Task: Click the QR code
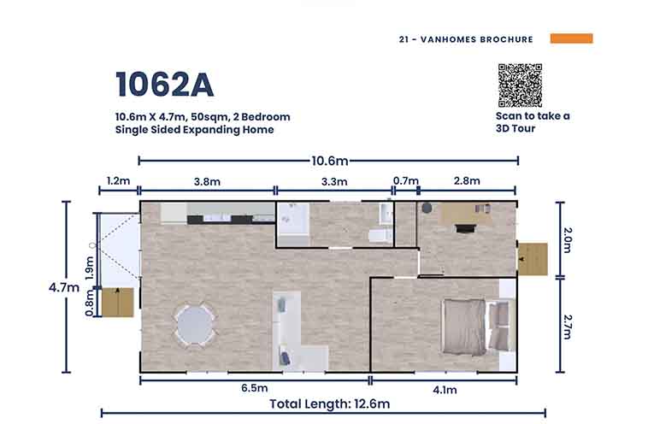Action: coord(520,85)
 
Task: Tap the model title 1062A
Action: coord(165,85)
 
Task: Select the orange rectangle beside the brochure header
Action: coord(571,38)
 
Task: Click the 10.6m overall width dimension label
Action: coord(329,161)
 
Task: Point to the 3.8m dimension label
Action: coord(207,182)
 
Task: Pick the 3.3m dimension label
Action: coord(334,182)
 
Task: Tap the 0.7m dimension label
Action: coord(406,181)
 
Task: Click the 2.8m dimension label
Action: coord(467,181)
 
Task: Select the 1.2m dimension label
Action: coord(119,181)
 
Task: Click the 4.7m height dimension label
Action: coord(64,287)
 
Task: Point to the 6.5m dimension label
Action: coord(255,388)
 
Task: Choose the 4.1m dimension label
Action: coord(445,390)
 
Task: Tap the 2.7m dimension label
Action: coord(568,327)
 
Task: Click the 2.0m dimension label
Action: coord(568,240)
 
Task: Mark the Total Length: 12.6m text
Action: coord(329,404)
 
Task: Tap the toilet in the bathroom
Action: coord(380,236)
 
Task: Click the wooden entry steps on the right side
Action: coord(533,259)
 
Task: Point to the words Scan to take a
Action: coord(533,116)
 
